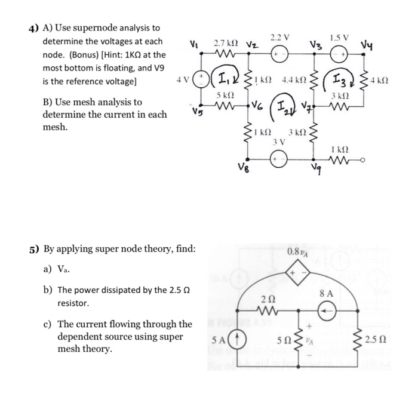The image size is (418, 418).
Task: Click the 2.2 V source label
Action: click(x=280, y=37)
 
